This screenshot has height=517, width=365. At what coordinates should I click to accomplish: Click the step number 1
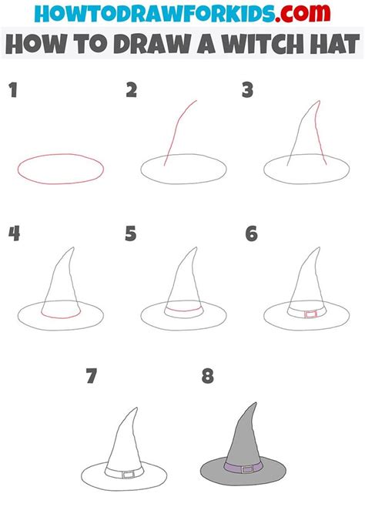coord(13,92)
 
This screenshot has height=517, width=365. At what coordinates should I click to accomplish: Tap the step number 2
coord(132,92)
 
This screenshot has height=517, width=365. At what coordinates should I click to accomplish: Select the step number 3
coord(248,92)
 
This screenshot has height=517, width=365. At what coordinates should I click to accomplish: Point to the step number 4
coord(14,233)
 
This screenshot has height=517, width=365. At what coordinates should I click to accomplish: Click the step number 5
coord(132,233)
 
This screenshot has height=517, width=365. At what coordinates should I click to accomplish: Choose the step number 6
coord(250,233)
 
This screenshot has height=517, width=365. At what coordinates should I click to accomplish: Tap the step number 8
coord(206,376)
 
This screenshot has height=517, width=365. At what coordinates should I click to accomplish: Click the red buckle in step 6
coord(310,314)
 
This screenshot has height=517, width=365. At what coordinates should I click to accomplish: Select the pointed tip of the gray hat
coord(253,403)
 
